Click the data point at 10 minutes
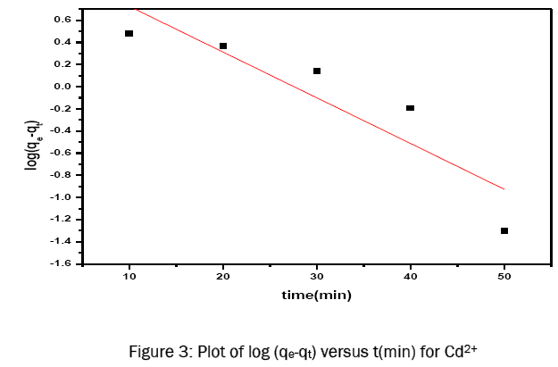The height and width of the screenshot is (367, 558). click(129, 34)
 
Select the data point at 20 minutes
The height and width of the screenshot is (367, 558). click(223, 46)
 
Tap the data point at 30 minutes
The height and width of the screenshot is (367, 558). click(317, 71)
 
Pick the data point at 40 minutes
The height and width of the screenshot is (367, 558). click(411, 108)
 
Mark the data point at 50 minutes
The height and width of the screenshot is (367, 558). click(504, 230)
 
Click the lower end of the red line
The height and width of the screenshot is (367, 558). click(504, 188)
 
